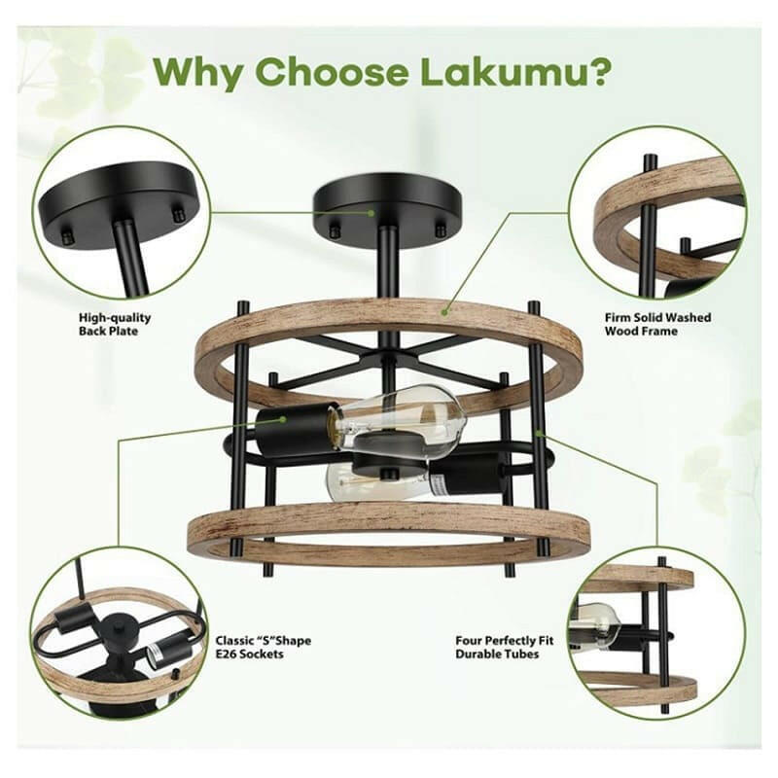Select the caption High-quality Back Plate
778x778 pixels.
tap(115, 324)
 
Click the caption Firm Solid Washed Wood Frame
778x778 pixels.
tap(658, 324)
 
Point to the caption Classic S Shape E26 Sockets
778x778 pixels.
tap(263, 647)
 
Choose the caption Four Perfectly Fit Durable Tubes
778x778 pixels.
tap(505, 647)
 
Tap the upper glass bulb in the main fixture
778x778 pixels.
tap(402, 416)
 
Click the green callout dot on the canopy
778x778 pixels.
tap(371, 213)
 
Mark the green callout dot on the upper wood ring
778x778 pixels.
tap(445, 311)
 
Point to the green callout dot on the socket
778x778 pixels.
tap(283, 419)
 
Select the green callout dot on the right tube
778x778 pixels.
tap(540, 434)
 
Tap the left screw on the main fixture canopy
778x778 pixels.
tap(336, 230)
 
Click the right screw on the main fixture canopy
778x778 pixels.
tap(440, 230)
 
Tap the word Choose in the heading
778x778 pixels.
tap(332, 72)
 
